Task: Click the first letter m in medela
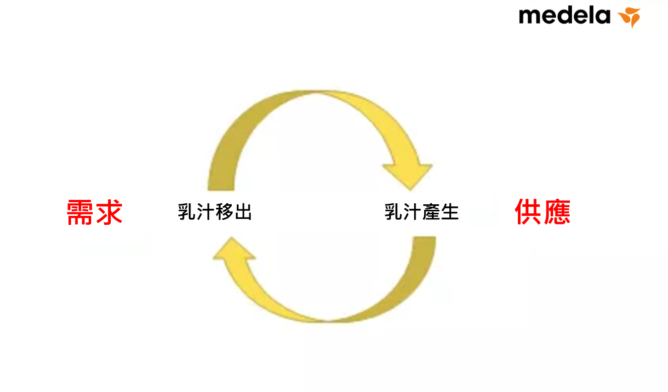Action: (529, 17)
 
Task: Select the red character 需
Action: (81, 212)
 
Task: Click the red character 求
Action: (109, 212)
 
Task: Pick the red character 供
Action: (528, 212)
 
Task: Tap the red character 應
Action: (557, 212)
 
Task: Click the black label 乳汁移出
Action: (215, 212)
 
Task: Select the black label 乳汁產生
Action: (422, 212)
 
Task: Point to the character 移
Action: (224, 212)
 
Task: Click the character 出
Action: (243, 212)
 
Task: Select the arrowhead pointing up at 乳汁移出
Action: (234, 250)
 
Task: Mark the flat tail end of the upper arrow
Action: (221, 186)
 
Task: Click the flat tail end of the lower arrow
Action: (424, 241)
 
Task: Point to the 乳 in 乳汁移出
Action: (187, 212)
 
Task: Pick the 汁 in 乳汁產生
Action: (413, 212)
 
